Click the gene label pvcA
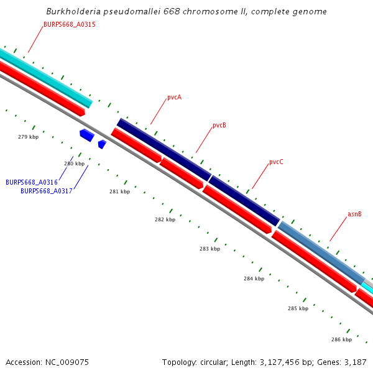tap(174, 98)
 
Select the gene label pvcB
tap(219, 125)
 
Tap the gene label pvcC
tap(276, 162)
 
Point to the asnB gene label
tap(354, 214)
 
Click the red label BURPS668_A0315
tap(69, 24)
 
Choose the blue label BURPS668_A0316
tap(32, 182)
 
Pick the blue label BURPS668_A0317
tap(47, 191)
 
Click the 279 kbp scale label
tap(28, 137)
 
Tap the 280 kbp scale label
tap(74, 163)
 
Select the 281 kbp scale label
tap(119, 191)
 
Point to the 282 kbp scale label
tap(165, 219)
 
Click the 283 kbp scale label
tap(210, 249)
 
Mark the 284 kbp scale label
tap(254, 279)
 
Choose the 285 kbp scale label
tap(298, 308)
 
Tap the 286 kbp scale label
tap(341, 339)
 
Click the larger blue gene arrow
tap(86, 134)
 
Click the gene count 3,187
tap(355, 362)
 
